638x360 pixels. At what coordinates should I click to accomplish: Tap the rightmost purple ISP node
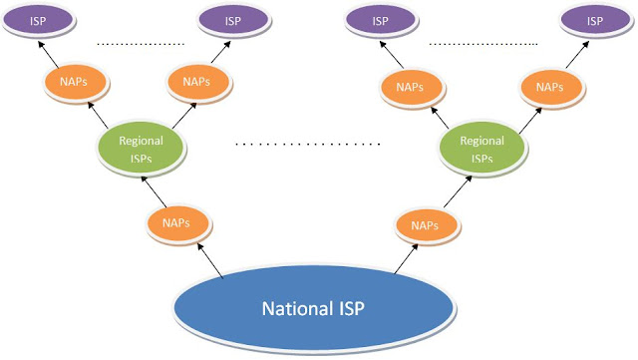coord(594,20)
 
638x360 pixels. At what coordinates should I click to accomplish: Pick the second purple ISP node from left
coord(232,20)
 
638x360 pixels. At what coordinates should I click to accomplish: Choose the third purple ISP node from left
coord(381,20)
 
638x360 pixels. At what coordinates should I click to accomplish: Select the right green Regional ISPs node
coord(481,149)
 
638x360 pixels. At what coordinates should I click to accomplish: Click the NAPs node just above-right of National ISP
coord(426,225)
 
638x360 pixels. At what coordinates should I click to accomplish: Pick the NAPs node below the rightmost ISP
coord(549,87)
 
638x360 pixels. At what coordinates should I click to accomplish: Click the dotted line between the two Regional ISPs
coord(309,145)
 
